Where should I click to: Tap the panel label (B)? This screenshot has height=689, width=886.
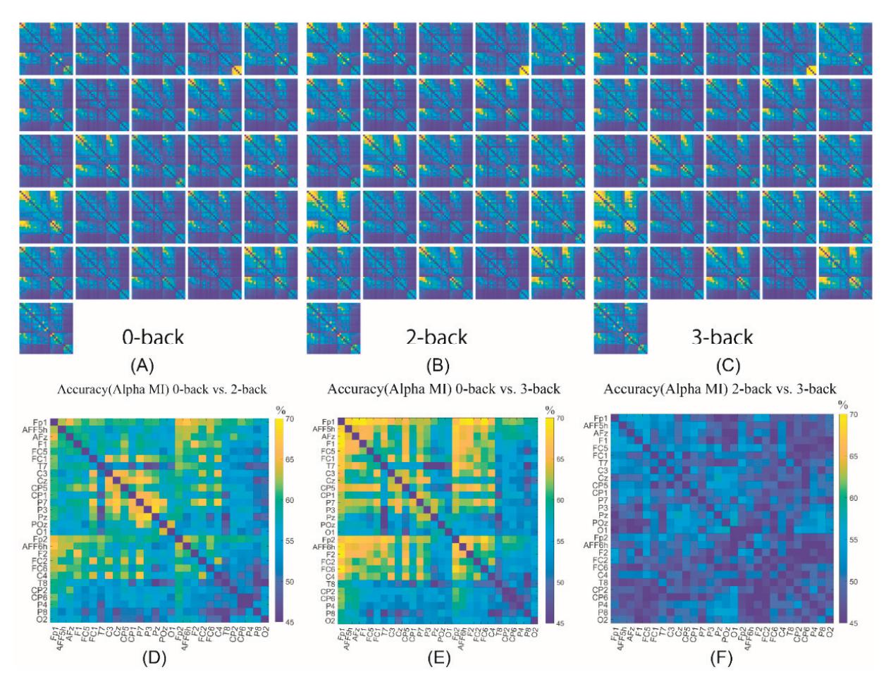[x=437, y=365]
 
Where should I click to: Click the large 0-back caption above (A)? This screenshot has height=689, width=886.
[x=153, y=337]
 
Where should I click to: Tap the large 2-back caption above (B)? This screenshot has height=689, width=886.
[x=437, y=337]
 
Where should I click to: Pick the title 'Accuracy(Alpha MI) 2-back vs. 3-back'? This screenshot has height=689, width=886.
[x=720, y=388]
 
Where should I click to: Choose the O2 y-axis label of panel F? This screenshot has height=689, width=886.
[x=600, y=621]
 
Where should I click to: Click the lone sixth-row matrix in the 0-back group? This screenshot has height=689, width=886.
[x=46, y=328]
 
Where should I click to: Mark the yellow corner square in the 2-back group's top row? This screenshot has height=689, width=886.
[x=523, y=69]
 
